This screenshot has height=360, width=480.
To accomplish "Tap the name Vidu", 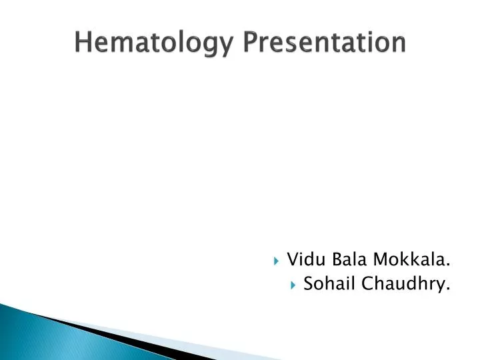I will tap(303, 259).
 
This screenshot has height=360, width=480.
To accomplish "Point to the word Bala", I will tap(341, 259).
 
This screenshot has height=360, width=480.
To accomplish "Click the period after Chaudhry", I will tap(448, 290).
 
